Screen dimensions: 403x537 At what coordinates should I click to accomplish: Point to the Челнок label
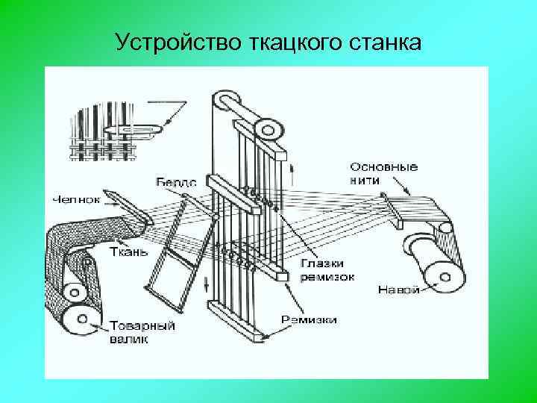(x=75, y=199)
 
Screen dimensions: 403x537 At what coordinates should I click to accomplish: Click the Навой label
(x=398, y=289)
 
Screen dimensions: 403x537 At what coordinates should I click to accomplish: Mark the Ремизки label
(x=309, y=320)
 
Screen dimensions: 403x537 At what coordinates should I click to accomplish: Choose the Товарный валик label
(x=142, y=332)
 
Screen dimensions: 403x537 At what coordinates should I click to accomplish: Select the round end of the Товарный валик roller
(x=78, y=322)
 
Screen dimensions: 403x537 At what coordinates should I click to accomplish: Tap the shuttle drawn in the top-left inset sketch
(x=134, y=131)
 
